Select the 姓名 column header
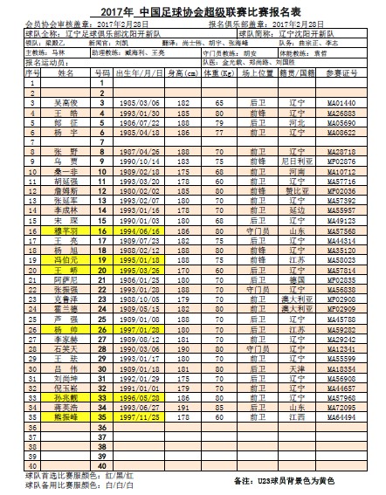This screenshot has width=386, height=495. click(61, 74)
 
